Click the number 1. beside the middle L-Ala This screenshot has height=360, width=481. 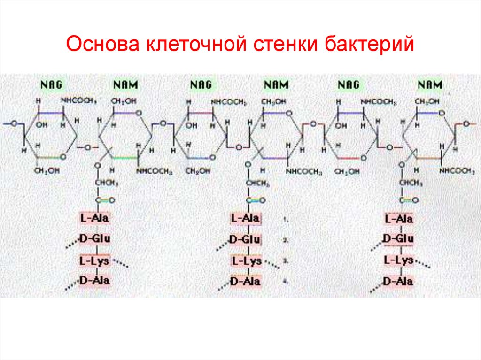tap(285, 219)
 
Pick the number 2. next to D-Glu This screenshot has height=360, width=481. tap(285, 240)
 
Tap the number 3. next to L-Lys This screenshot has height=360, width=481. tap(285, 260)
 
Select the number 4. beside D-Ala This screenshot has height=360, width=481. tap(285, 281)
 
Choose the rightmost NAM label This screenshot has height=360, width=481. tap(429, 85)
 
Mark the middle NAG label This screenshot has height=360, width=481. tap(201, 85)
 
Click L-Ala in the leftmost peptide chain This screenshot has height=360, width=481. tap(94, 218)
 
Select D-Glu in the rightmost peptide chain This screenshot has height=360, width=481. tap(398, 239)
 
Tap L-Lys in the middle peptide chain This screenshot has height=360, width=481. tap(246, 261)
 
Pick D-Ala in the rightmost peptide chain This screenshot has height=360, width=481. tap(398, 281)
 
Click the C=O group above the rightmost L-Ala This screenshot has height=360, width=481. tap(408, 200)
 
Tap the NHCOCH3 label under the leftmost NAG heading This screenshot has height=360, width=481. tap(78, 101)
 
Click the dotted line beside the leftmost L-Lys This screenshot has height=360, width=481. tap(120, 264)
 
